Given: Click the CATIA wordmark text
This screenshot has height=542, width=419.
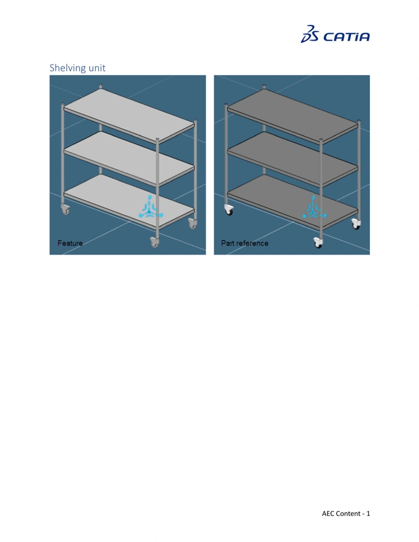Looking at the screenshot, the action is pos(346,37).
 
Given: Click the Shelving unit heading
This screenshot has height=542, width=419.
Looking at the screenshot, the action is pos(77,68).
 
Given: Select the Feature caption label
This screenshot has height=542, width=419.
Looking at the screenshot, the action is pos(70,243).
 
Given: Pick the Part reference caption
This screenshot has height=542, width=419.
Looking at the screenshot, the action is pos(245,243).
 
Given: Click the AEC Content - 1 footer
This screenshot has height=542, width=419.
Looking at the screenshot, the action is pos(346,513).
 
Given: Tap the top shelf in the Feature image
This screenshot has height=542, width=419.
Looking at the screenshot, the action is pos(129,115).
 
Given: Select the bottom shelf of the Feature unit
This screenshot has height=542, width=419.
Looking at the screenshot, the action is pos(129,202).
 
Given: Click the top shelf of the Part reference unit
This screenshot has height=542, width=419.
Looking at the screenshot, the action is pos(293,115).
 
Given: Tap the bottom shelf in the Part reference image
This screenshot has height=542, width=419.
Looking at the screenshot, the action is pos(293,202).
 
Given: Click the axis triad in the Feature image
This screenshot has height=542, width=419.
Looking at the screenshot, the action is pos(150,208).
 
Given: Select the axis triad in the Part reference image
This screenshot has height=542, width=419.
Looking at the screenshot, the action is pos(314,208).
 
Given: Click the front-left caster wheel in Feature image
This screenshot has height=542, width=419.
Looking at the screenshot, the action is pos(65,209).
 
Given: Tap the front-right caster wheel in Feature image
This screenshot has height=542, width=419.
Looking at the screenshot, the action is pos(154,242).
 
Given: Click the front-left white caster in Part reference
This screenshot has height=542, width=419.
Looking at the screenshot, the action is pos(229,209).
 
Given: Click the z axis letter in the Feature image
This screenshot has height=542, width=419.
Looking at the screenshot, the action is pos(150,198).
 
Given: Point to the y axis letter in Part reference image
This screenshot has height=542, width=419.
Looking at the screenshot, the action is pos(325,215).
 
